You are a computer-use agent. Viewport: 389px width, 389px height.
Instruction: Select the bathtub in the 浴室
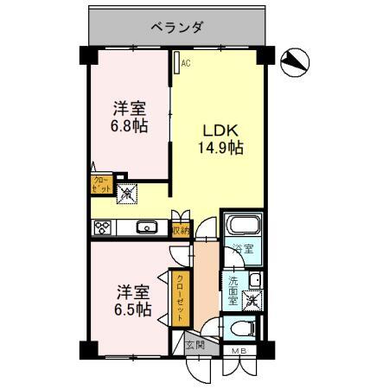point(239,226)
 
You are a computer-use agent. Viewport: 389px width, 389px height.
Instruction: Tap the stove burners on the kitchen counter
point(103,228)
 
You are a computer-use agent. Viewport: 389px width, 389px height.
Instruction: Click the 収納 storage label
point(180,229)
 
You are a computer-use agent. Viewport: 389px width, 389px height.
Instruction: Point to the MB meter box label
point(239,350)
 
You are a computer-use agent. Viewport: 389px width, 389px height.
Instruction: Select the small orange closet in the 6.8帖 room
point(101,183)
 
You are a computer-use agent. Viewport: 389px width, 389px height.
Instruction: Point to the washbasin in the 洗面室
point(256,278)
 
